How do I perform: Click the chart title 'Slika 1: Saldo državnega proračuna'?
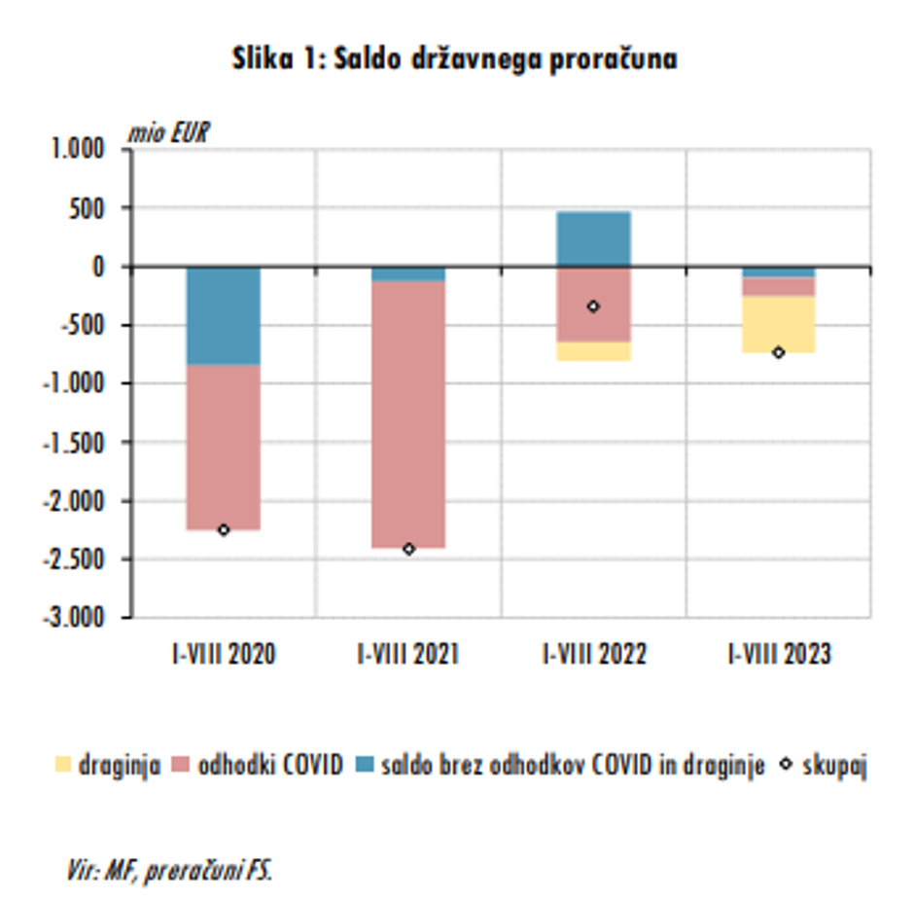(455, 59)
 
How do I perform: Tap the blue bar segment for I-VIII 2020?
(224, 315)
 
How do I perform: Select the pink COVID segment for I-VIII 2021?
(408, 414)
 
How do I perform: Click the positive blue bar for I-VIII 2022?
(593, 239)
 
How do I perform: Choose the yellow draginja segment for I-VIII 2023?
(778, 324)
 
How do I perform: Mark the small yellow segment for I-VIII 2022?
(593, 351)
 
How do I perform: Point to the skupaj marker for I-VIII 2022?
(593, 306)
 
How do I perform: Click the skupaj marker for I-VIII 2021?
(408, 549)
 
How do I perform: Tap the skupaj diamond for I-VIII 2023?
(778, 352)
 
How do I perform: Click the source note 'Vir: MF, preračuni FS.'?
(170, 871)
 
